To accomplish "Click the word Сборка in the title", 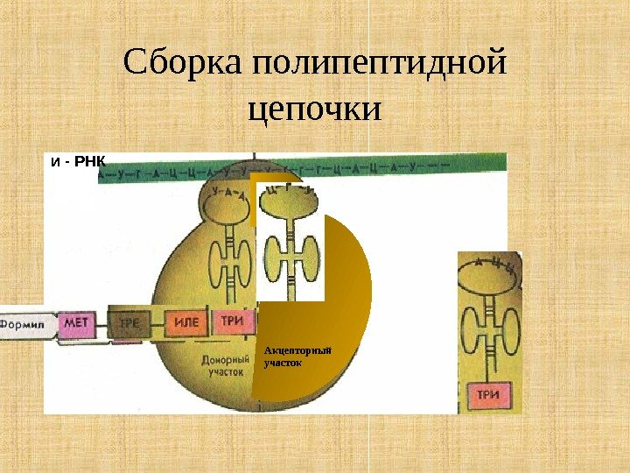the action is point(183,64).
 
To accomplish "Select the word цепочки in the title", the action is point(316,111).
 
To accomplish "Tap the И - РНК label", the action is point(78,162).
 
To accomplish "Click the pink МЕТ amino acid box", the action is point(76,323).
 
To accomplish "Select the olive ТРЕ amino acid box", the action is point(130,322).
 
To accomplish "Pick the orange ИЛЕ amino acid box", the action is point(186,322).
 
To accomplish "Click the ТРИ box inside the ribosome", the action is point(232,321).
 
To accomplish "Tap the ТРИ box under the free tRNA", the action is point(487,394).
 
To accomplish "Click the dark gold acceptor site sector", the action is point(341,333).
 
